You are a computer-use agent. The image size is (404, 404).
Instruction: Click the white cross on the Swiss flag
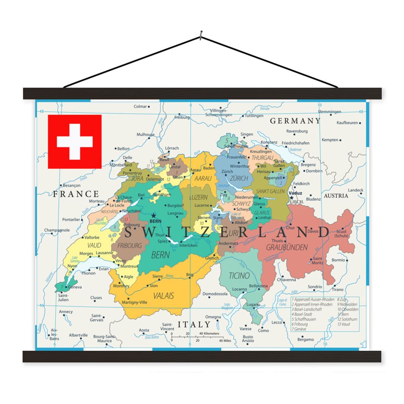click(75, 142)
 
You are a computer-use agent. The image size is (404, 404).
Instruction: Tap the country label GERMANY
click(295, 121)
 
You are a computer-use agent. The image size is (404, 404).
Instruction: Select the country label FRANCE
click(76, 194)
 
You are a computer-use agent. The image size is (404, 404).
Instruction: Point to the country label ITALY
click(194, 324)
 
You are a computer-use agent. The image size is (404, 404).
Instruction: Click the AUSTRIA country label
click(336, 196)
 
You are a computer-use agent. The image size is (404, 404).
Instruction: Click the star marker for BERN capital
click(153, 215)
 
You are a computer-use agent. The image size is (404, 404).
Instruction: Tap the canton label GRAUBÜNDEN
click(287, 247)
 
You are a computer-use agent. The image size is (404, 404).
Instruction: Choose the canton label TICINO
click(239, 275)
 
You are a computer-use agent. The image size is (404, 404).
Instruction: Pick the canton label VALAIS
click(164, 296)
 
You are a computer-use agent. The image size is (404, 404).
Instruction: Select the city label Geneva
click(75, 287)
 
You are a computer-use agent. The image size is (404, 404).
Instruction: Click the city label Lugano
click(253, 305)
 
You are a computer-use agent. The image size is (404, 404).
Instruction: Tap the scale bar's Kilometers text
click(209, 333)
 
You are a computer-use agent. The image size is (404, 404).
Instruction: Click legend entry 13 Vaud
click(343, 324)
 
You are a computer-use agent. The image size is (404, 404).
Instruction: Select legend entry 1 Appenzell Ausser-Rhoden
click(312, 300)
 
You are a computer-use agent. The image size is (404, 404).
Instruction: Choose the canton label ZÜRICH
click(239, 178)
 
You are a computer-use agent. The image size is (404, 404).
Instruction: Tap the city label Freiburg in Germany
click(182, 117)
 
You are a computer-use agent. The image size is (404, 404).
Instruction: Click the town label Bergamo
click(305, 339)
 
